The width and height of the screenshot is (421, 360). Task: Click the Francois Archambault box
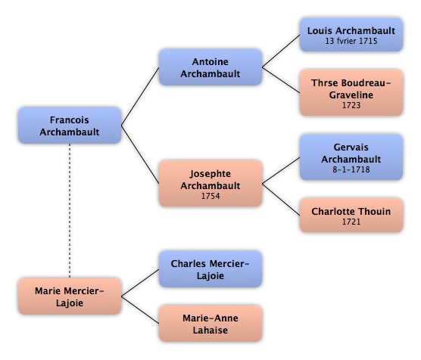tap(70, 126)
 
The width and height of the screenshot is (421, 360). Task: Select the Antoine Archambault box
tap(210, 67)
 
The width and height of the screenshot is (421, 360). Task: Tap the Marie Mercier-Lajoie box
tap(70, 296)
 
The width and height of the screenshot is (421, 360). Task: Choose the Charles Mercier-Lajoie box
tap(210, 269)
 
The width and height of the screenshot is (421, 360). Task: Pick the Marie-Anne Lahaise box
tap(210, 324)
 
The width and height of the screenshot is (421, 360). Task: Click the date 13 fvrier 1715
tap(351, 41)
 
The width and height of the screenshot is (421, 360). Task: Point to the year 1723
tap(351, 105)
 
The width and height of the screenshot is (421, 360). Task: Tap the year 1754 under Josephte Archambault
tap(210, 196)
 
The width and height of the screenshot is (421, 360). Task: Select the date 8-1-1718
tap(351, 169)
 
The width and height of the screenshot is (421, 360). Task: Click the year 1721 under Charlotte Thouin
tap(351, 222)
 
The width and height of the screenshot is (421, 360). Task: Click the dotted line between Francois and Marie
tap(70, 211)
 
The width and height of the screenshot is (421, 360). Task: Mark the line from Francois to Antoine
tap(140, 96)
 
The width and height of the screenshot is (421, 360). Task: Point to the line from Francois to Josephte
tap(140, 154)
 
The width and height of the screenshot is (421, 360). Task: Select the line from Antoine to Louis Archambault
tap(281, 51)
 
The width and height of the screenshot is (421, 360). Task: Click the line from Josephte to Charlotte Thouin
tap(281, 200)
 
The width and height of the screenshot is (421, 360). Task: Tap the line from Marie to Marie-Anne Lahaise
tap(140, 310)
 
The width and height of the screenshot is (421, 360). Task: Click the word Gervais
tap(351, 147)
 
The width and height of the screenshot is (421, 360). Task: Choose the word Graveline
tap(351, 95)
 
